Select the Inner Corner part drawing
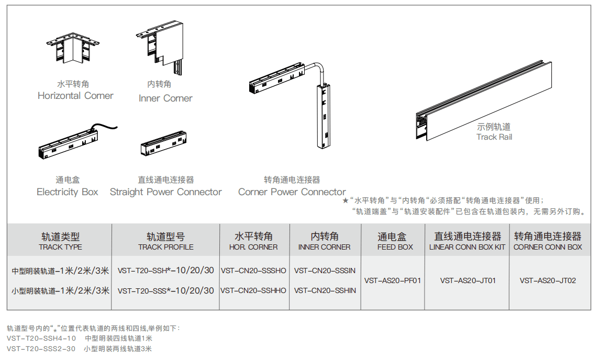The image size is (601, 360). tap(162, 46)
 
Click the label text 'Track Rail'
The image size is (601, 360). tap(494, 137)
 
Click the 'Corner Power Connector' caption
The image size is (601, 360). tap(292, 192)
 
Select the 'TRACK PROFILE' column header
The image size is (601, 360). tap(165, 247)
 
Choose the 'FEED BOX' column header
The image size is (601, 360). tap(395, 247)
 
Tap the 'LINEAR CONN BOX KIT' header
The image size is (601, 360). tap(467, 247)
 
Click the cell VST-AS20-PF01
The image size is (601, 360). tap(393, 280)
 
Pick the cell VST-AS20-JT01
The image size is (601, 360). tap(468, 280)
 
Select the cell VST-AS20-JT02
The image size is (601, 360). tap(548, 280)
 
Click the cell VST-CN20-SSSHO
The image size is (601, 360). tap(253, 271)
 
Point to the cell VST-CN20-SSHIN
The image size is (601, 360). tap(325, 290)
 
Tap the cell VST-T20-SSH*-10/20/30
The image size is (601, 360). tap(165, 271)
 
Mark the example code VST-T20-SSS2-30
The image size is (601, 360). tap(41, 348)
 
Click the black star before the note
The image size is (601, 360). tap(345, 200)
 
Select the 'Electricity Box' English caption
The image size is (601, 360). tap(67, 192)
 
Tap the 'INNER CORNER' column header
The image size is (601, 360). tap(325, 247)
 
